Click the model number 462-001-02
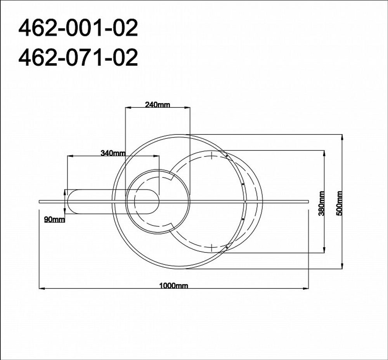pos(78,29)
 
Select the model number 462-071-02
pos(78,58)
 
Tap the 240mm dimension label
pos(158,104)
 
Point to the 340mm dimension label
pos(113,153)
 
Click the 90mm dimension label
pos(54,220)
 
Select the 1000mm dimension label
pos(173,286)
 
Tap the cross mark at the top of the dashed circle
pos(211,157)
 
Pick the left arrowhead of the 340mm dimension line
pos(69,156)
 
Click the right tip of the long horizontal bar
pos(308,201)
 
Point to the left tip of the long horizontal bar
pos(40,201)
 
